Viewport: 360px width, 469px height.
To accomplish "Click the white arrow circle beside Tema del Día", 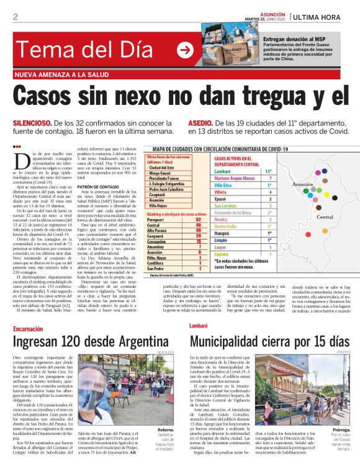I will click(185, 50).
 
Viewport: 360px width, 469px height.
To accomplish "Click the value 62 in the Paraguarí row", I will click(198, 219).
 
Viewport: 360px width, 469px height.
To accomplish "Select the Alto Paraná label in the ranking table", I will click(158, 230).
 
